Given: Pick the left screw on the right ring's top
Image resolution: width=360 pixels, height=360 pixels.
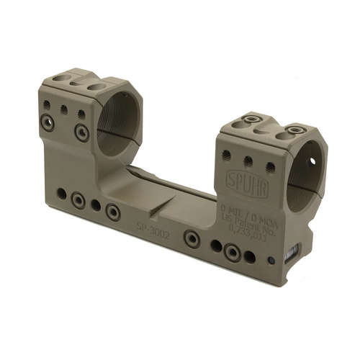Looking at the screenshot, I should pyautogui.click(x=252, y=121).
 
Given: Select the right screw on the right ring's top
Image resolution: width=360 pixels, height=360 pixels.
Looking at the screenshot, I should pyautogui.click(x=293, y=131).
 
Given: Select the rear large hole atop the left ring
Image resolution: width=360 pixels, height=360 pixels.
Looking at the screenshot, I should pyautogui.click(x=94, y=86).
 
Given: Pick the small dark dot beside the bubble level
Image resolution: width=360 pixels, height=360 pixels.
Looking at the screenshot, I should pyautogui.click(x=270, y=261).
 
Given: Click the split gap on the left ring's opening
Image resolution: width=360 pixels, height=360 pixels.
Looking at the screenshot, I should pyautogui.click(x=108, y=143).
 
